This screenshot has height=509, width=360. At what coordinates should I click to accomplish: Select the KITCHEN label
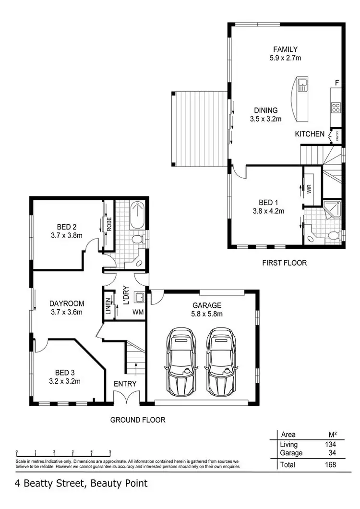click(310, 134)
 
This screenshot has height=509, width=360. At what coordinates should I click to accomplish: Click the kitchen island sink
click(302, 86)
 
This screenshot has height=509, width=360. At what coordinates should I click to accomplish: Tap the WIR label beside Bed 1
click(308, 189)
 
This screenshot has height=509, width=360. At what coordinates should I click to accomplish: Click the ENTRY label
click(125, 384)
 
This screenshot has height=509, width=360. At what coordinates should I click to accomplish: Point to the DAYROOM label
click(67, 303)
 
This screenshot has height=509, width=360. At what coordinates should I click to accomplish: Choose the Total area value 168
click(330, 464)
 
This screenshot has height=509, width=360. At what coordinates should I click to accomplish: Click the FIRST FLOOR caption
click(284, 263)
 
